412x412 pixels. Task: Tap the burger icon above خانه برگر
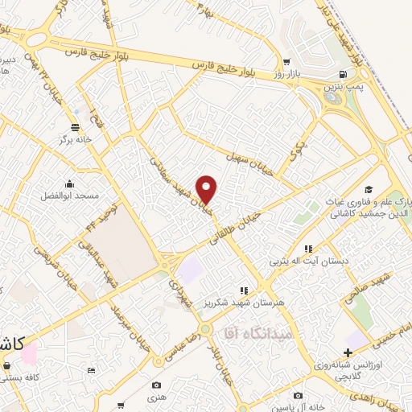coord(75,126)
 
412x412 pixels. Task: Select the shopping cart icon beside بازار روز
coord(286,61)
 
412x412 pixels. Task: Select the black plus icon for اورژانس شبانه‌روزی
coord(347,352)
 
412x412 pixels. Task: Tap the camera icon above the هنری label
coord(156,385)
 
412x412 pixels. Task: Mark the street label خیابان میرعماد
coord(130,322)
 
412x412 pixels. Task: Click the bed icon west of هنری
coord(91,370)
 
